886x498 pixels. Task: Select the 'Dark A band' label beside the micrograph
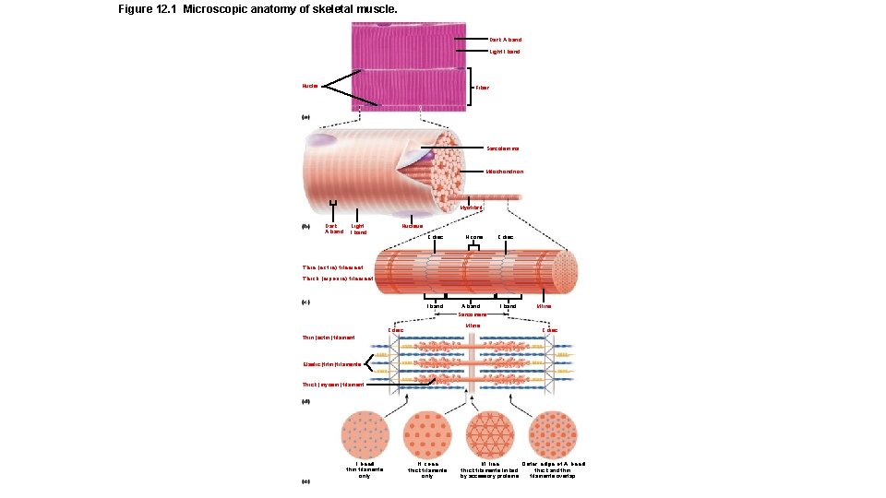point(505,40)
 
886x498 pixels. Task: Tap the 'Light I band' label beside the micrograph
point(505,52)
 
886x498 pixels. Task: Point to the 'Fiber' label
point(482,88)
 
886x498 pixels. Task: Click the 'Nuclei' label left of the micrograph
point(309,86)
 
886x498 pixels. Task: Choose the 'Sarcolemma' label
point(503,148)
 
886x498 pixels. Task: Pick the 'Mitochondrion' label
point(505,172)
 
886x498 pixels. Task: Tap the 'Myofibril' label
point(471,207)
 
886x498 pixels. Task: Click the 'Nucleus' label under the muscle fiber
point(413,225)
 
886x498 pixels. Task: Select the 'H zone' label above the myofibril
point(475,237)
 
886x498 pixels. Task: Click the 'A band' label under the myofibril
point(471,305)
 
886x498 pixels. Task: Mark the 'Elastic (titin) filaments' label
point(332,365)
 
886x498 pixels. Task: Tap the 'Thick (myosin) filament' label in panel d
point(333,385)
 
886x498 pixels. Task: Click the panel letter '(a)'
point(306,117)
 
